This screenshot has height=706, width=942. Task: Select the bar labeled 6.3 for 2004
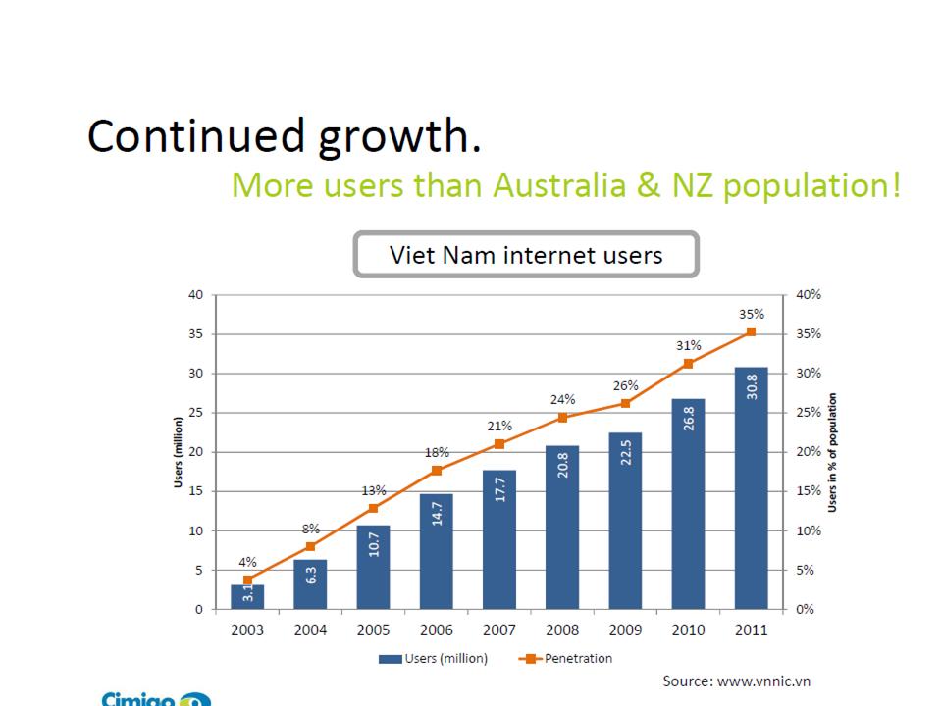pyautogui.click(x=310, y=584)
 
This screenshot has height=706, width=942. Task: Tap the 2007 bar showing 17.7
pyautogui.click(x=498, y=539)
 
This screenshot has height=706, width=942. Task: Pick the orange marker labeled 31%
pyautogui.click(x=688, y=364)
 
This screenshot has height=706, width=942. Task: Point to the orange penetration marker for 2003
pyautogui.click(x=247, y=580)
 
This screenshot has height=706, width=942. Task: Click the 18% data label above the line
pyautogui.click(x=437, y=452)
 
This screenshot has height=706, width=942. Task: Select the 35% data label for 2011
pyautogui.click(x=752, y=314)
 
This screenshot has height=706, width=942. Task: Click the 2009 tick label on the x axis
pyautogui.click(x=625, y=630)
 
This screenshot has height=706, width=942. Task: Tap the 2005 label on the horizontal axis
pyautogui.click(x=373, y=630)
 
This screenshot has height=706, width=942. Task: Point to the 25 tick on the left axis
pyautogui.click(x=195, y=413)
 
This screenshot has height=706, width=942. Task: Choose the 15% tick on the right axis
pyautogui.click(x=809, y=491)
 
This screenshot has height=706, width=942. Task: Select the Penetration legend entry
pyautogui.click(x=569, y=658)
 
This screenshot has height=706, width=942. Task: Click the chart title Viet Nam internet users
pyautogui.click(x=526, y=256)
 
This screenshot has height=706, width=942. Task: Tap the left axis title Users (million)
pyautogui.click(x=179, y=451)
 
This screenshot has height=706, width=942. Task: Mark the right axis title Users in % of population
pyautogui.click(x=832, y=452)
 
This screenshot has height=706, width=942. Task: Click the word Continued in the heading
pyautogui.click(x=196, y=136)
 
